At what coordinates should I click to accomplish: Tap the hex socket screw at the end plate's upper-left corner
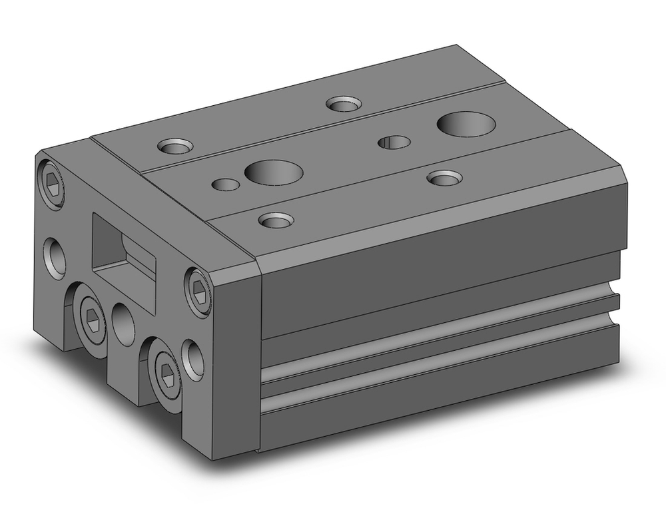pos(52,180)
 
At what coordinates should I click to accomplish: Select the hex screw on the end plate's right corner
pos(198,292)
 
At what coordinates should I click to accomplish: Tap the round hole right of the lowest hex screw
pos(192,360)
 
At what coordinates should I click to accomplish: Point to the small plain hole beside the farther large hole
pos(394,142)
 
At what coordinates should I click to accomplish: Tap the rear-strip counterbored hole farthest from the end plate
pos(343,104)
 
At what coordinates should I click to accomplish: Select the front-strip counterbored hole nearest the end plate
pos(274,220)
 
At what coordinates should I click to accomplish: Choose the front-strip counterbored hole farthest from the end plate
pos(444,178)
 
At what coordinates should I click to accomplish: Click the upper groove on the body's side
pos(440,332)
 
